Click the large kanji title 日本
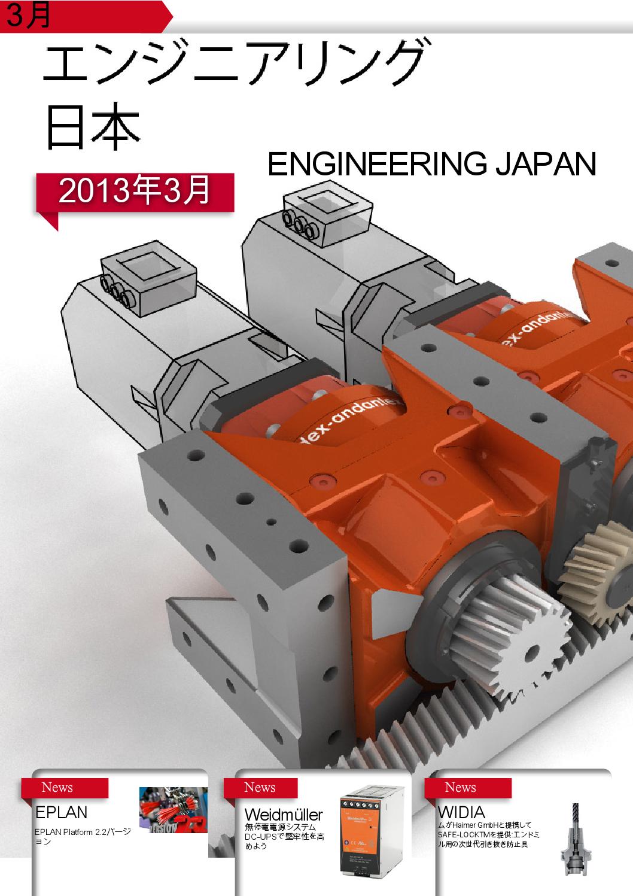(93, 127)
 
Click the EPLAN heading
(61, 812)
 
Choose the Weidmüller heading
(284, 815)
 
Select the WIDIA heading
(461, 812)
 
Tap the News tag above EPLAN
(57, 788)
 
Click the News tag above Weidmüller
(260, 788)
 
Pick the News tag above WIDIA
(461, 788)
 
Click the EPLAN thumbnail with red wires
(173, 810)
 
